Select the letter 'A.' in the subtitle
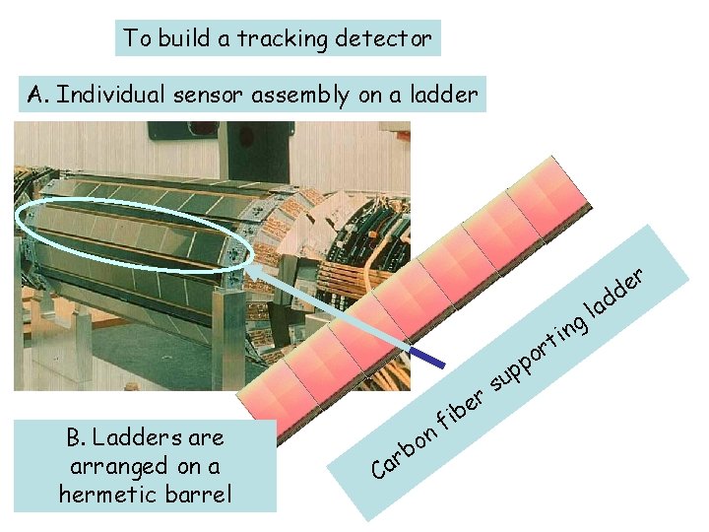[x=39, y=95]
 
